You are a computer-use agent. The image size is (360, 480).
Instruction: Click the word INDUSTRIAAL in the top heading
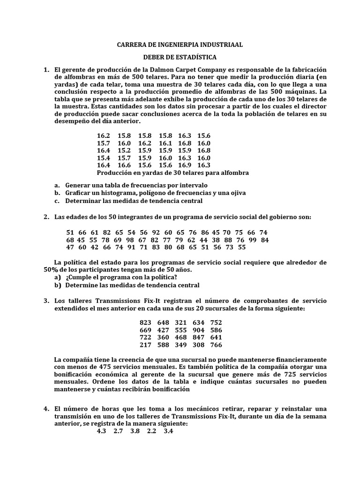[x=221, y=45]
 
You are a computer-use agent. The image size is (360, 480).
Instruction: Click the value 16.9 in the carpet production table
[x=184, y=165]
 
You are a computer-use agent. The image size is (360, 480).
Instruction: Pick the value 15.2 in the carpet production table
[x=124, y=150]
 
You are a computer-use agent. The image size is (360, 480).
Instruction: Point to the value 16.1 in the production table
[x=165, y=143]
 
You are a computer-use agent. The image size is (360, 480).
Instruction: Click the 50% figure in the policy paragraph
[x=50, y=270]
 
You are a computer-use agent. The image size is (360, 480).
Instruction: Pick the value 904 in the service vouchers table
[x=198, y=330]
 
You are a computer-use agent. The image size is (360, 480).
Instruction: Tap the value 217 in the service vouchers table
[x=145, y=345]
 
